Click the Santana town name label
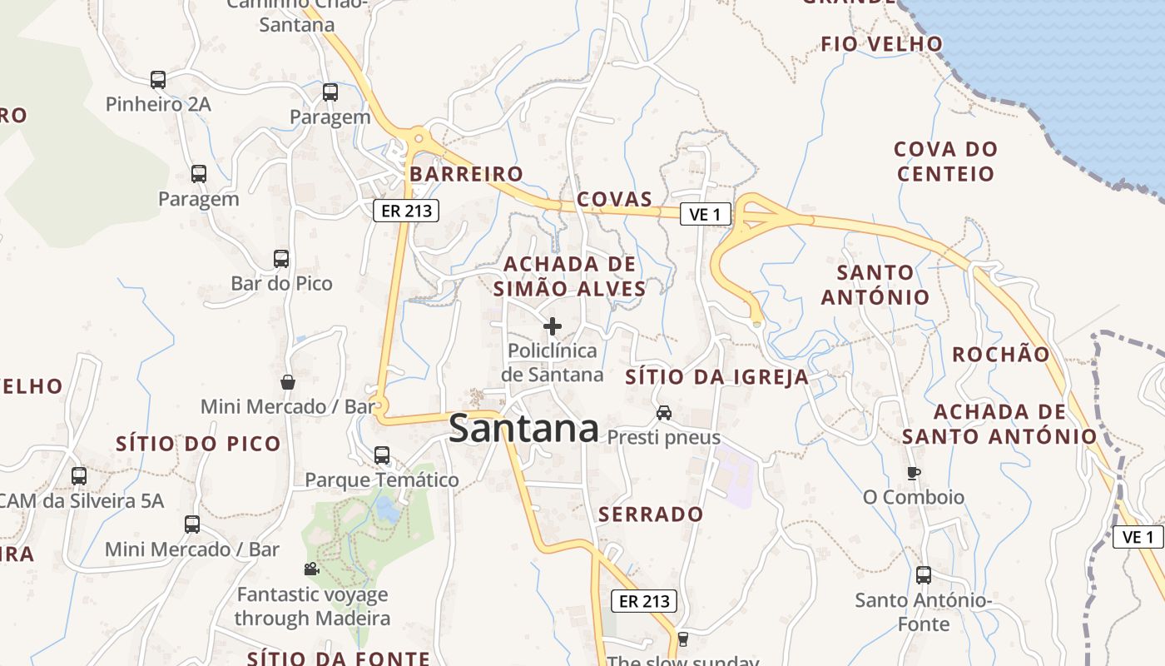[x=523, y=429]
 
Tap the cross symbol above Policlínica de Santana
[x=552, y=326]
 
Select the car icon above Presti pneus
[x=664, y=412]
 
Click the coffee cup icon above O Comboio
[x=914, y=473]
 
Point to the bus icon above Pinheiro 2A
[x=158, y=80]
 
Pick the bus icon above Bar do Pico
[x=281, y=259]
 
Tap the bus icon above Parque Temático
[x=382, y=455]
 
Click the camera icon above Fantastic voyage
[x=311, y=569]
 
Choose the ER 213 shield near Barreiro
[x=406, y=211]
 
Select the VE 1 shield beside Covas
[x=705, y=214]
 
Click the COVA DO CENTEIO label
[x=945, y=162]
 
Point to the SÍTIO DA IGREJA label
[x=716, y=377]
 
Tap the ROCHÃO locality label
[x=1001, y=355]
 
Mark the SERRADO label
[x=651, y=514]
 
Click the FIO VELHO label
[x=882, y=44]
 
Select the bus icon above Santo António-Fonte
[x=924, y=575]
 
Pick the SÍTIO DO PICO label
[x=198, y=444]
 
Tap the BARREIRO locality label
[x=466, y=174]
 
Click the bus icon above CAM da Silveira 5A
[x=79, y=476]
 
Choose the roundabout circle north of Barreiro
[x=419, y=140]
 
